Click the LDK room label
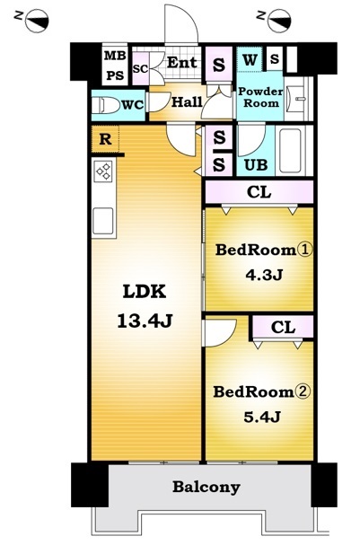pos(145,291)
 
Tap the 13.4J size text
pos(145,321)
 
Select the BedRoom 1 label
pos(264,250)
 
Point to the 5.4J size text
pos(262,416)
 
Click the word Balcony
pos(206,487)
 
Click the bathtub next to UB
pos(290,151)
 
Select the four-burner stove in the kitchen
pos(104,171)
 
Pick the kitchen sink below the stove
pos(103,221)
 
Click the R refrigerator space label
pos(105,139)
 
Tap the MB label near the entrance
pos(116,56)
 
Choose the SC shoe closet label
pos(140,69)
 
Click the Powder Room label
pos(260,97)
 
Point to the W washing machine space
pos(250,60)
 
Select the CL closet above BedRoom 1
pos(259,192)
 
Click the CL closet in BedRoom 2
pos(283,327)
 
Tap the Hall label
pos(187,102)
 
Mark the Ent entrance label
pos(182,63)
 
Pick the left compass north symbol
pos(37,22)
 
